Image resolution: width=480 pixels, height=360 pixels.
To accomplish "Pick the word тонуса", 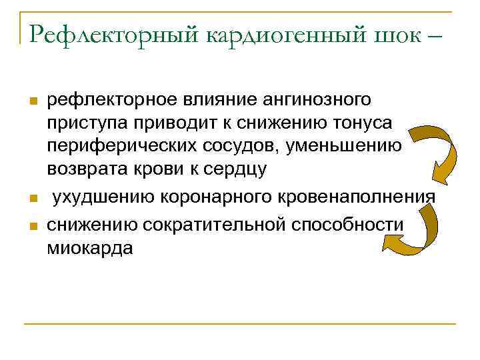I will click(363, 124).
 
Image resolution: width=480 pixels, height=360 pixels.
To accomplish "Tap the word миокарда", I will click(90, 248).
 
